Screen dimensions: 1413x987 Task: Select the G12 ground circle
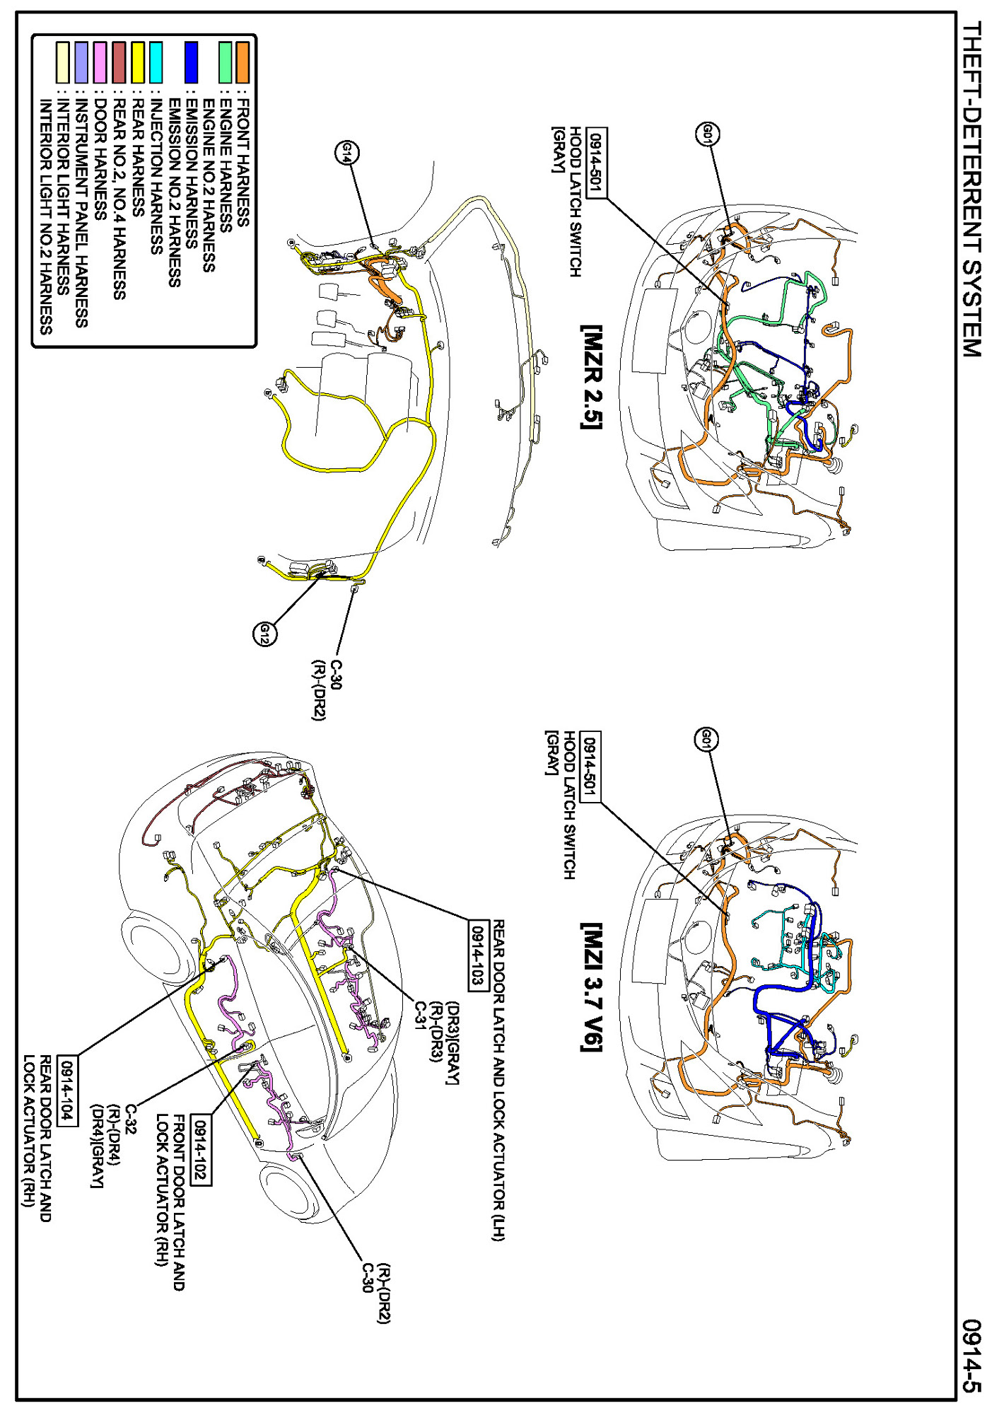[264, 633]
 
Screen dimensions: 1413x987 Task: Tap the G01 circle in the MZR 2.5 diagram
[708, 134]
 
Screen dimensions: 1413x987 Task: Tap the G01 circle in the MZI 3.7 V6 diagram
[706, 740]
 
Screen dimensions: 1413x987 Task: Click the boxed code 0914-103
[479, 955]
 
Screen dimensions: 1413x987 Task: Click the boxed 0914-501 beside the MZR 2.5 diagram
[597, 164]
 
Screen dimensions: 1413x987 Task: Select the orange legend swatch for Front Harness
[243, 62]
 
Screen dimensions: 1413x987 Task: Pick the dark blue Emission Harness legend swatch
[191, 62]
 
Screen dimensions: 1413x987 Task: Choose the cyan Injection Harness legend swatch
[156, 62]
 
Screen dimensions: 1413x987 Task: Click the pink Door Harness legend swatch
[100, 62]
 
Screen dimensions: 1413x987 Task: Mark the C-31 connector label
[420, 1016]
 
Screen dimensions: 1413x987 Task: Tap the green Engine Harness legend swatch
[225, 62]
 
